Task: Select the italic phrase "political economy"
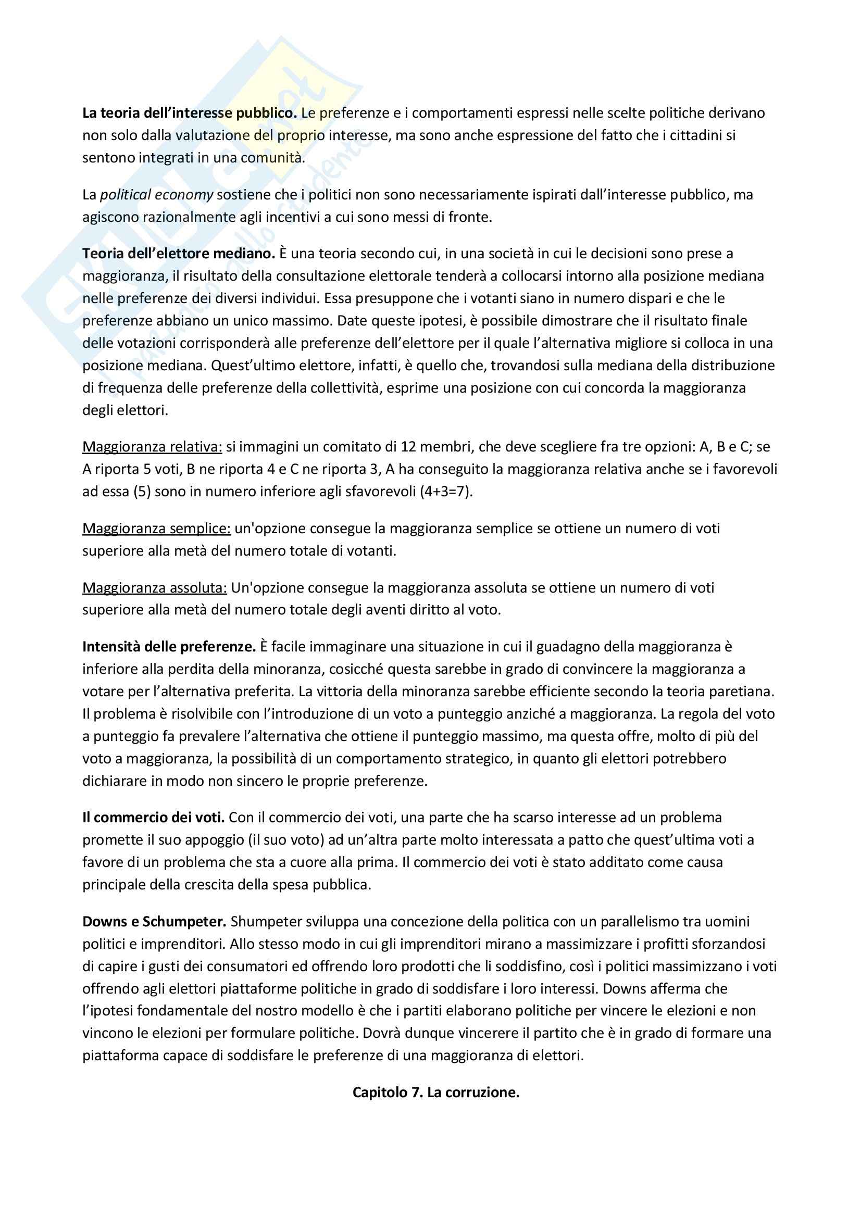coord(156,195)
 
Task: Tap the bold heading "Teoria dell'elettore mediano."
coord(178,254)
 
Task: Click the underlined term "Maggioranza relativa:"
coord(152,447)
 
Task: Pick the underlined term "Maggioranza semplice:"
coord(156,529)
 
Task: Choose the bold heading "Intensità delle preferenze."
coord(169,647)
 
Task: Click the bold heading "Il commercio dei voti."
coord(154,818)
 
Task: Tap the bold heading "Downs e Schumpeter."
coord(154,922)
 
